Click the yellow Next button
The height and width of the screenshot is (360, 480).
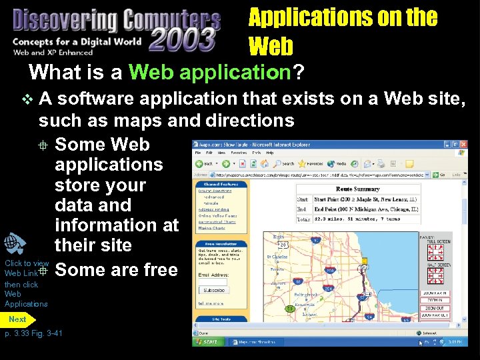coord(18,319)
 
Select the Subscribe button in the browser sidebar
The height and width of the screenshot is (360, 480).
coord(214,290)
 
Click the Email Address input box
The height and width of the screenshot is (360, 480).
coord(213,281)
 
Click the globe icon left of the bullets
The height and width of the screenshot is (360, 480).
coord(15,244)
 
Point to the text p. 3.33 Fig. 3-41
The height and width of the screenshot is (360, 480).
coord(33,333)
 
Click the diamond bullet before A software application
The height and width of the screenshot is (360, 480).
coord(27,100)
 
